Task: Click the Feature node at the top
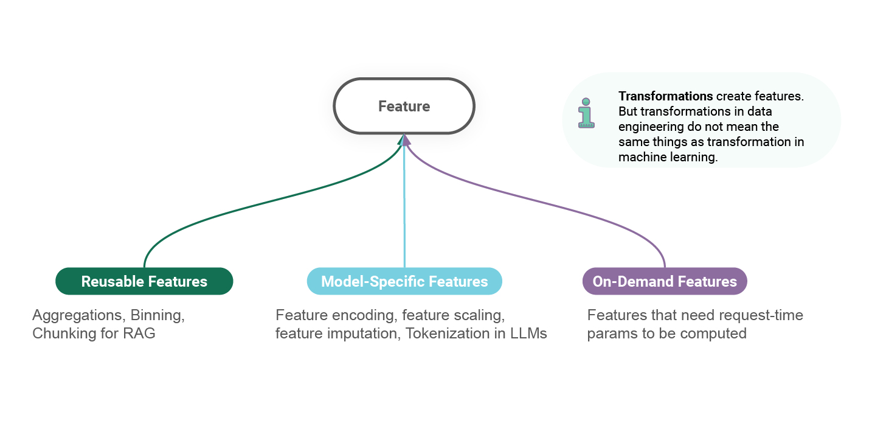(404, 107)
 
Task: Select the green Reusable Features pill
(144, 281)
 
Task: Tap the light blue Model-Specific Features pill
(404, 281)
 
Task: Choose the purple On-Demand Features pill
(665, 281)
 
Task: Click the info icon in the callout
(586, 113)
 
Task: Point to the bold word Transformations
(665, 96)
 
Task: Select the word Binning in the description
(156, 315)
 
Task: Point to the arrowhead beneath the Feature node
(404, 140)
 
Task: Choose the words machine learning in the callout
(668, 157)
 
